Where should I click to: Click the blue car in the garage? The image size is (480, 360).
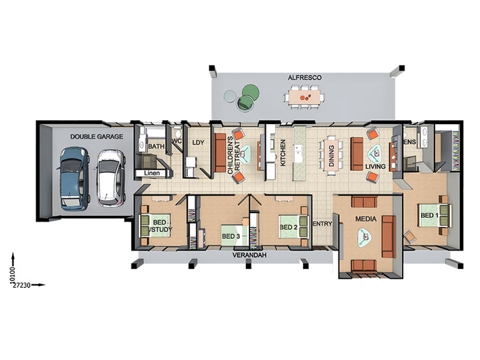pos(73,179)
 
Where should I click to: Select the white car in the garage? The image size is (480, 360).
pos(111,177)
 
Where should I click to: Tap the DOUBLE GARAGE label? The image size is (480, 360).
pos(97,137)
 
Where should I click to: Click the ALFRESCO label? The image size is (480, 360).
pos(305,78)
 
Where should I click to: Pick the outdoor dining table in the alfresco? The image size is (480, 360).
pos(305,97)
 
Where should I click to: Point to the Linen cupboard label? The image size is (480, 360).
pos(152,173)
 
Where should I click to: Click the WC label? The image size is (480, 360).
pos(177,142)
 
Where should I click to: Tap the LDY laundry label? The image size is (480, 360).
pos(198,143)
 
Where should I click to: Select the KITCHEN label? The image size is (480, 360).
pos(283,153)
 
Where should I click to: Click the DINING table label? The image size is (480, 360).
pos(331,156)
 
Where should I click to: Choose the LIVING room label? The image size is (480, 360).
pos(376,167)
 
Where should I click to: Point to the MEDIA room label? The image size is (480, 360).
pos(366,219)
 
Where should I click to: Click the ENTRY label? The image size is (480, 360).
pos(322,224)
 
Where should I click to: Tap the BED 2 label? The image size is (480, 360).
pos(289,227)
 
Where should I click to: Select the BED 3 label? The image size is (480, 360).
pos(231,236)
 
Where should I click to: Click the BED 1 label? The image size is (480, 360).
pos(430,215)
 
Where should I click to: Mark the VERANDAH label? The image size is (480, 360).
pos(250,255)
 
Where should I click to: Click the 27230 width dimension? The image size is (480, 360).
pos(21,286)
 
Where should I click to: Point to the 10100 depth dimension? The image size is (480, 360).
pos(12,274)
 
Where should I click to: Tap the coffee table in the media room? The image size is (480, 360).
pos(365,237)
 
